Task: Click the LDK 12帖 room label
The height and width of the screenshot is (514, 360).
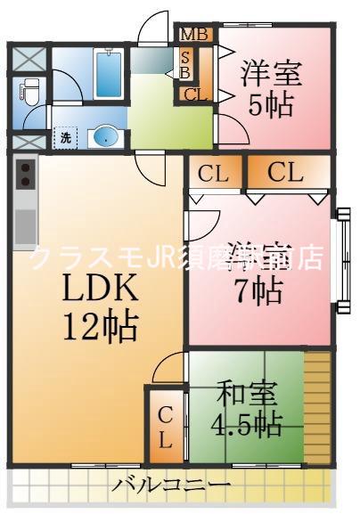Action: click(98, 307)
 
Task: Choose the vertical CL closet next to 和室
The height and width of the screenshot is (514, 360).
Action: click(166, 428)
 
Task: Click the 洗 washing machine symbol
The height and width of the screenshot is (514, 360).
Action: click(65, 138)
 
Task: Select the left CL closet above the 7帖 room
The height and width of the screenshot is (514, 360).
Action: click(213, 172)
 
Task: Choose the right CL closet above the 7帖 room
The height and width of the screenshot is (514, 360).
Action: click(286, 172)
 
